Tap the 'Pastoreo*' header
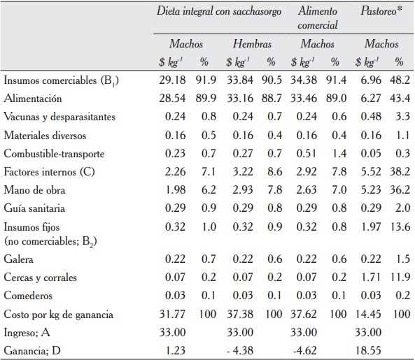point(382,12)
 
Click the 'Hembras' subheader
point(251,44)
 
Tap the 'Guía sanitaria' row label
point(31,208)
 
